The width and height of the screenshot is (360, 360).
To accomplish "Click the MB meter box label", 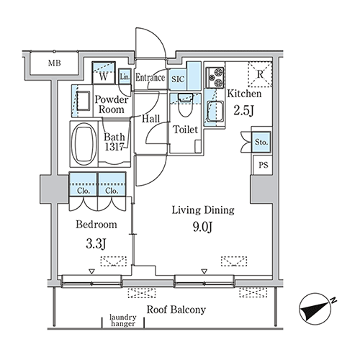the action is coord(55,63).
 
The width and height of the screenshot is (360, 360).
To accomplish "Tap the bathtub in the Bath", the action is coord(84,144).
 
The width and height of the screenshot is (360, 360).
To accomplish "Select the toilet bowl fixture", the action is coord(185,104).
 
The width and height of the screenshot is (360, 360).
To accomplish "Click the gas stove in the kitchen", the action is coord(215,77).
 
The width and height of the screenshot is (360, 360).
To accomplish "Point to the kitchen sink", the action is coord(215,112).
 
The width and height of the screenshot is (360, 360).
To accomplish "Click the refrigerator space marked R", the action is coord(260,74).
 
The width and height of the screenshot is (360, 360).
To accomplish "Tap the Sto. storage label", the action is coord(261,142).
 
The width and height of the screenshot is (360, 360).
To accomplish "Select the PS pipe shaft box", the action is coord(263,165).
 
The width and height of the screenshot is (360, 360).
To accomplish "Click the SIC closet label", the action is coord(178,79).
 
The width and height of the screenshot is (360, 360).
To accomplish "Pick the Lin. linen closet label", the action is coord(125,77).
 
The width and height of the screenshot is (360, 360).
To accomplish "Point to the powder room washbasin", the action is coord(83,101).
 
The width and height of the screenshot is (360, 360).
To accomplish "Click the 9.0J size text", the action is coord(202,227).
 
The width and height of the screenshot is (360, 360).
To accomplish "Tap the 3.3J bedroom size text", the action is coord(96,243).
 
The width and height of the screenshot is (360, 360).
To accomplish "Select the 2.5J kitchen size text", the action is coord(243,111).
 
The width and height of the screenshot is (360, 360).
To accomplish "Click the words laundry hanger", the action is coord(123,320).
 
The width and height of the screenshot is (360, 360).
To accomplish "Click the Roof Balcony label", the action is coord(176,310).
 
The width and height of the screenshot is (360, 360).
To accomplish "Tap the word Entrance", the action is coord(150,78).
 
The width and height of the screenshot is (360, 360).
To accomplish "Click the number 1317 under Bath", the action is coord(114,147).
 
